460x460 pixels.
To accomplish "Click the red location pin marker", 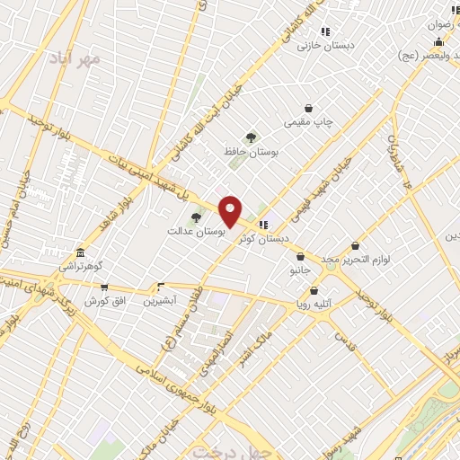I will [231, 211].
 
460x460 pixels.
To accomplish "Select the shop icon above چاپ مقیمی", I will [309, 107].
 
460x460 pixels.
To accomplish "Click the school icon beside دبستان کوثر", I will [262, 225].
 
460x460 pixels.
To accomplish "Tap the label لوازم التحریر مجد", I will [355, 259].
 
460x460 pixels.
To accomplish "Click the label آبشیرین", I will [161, 300].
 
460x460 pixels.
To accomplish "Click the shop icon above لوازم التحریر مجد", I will [355, 245].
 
